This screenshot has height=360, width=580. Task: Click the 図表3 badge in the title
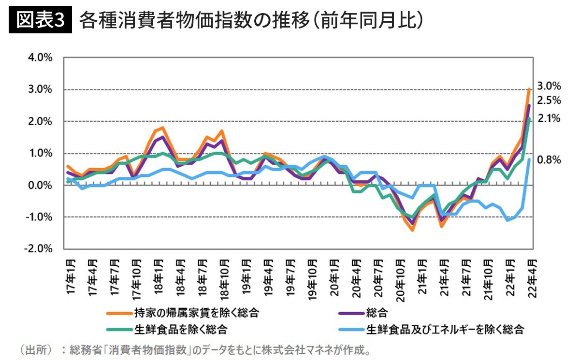point(41,21)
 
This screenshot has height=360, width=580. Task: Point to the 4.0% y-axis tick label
point(41,58)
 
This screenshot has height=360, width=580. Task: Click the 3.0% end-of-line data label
point(549,86)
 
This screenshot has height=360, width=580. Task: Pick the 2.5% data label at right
point(549,101)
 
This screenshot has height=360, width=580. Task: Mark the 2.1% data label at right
point(549,118)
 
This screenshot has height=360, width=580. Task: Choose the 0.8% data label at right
point(549,159)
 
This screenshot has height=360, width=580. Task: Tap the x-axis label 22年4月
point(530,278)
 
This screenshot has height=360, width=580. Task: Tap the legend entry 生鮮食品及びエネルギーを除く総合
point(445,330)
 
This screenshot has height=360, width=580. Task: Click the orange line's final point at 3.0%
point(530,89)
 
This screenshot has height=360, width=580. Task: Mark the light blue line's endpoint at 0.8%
point(530,159)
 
